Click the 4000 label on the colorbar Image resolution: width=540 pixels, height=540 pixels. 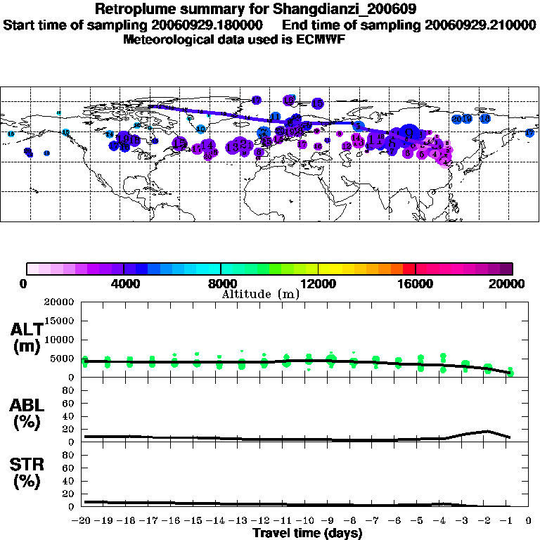tap(123, 284)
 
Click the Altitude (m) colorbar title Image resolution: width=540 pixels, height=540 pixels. tap(259, 294)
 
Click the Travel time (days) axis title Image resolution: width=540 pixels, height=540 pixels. tap(307, 534)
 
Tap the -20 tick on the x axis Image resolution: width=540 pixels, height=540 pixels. tap(82, 521)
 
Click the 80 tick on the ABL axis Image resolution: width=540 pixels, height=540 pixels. tap(69, 392)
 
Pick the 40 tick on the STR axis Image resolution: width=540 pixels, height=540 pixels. tap(69, 481)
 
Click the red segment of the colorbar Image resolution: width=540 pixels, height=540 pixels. tap(409, 269)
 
